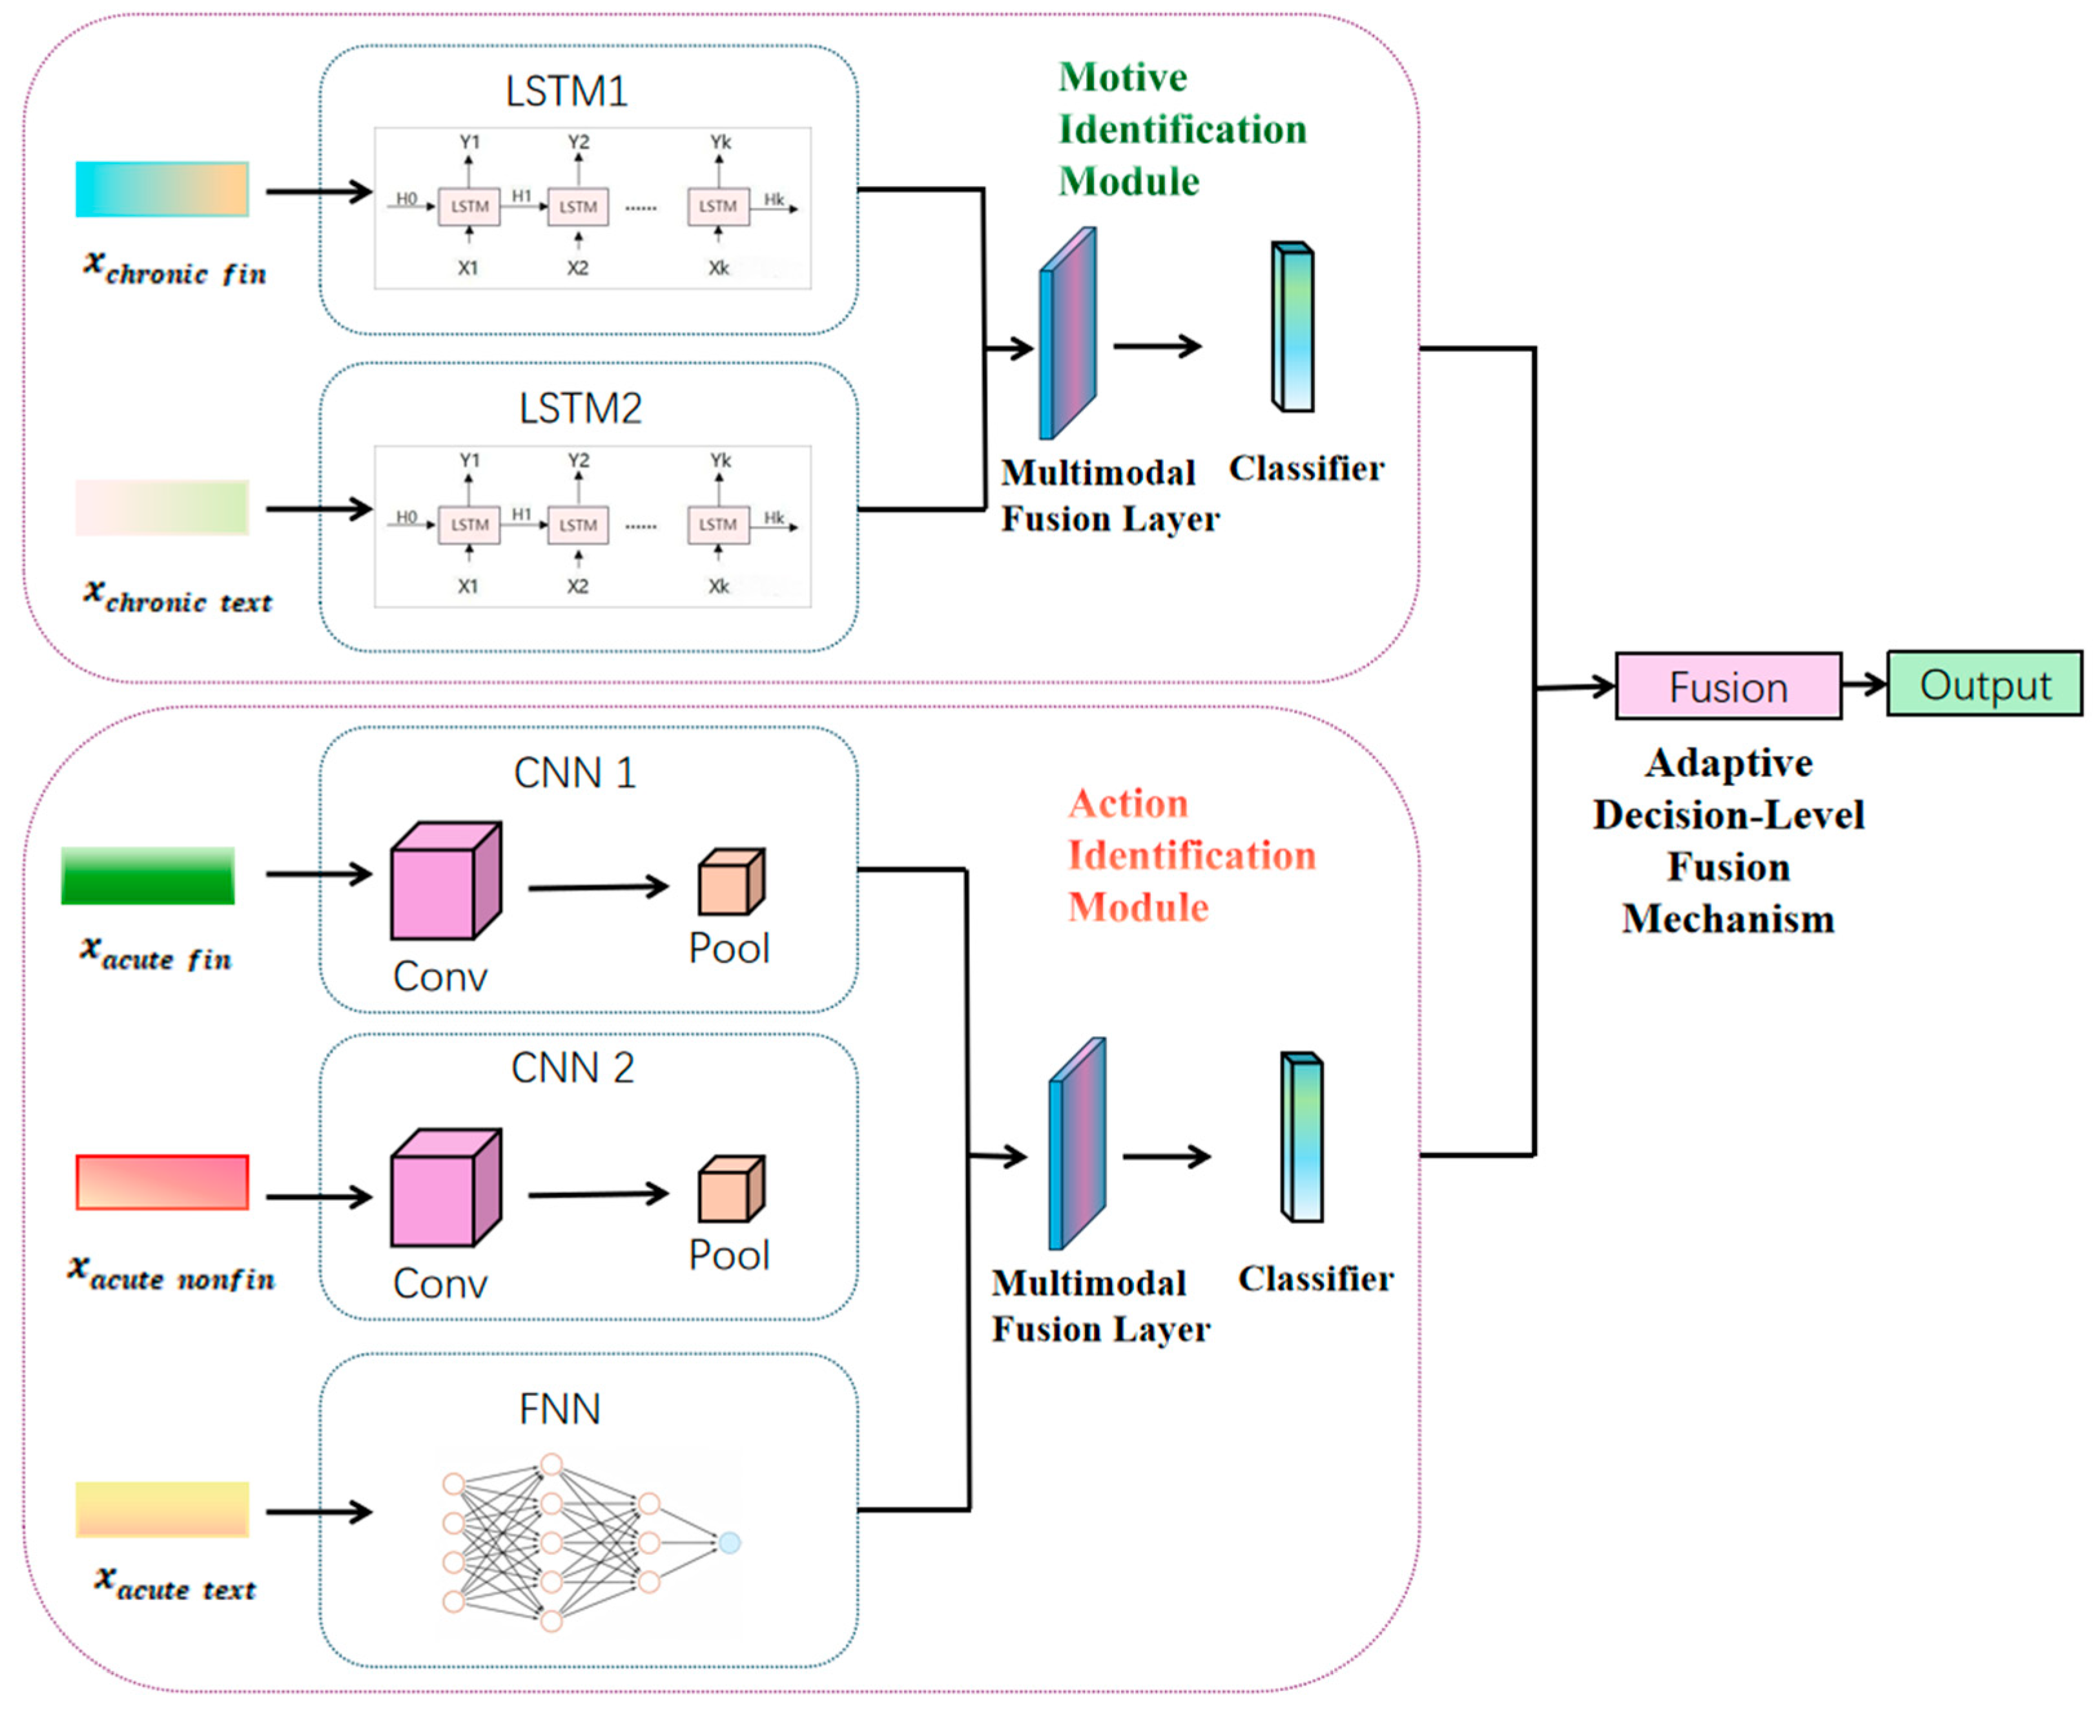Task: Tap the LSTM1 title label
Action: tap(566, 92)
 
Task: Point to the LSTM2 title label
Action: tap(580, 409)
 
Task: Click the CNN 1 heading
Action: tap(574, 774)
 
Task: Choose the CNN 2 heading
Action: tap(572, 1068)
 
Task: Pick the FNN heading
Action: tap(559, 1409)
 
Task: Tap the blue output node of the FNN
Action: tap(729, 1542)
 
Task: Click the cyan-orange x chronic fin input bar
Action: tap(162, 189)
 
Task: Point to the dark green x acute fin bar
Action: tap(148, 875)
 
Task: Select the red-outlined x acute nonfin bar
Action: tap(162, 1181)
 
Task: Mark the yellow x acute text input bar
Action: tap(162, 1508)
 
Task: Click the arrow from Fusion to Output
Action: tap(1864, 683)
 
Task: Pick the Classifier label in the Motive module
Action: tap(1306, 468)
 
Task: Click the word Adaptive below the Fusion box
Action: tap(1729, 764)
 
